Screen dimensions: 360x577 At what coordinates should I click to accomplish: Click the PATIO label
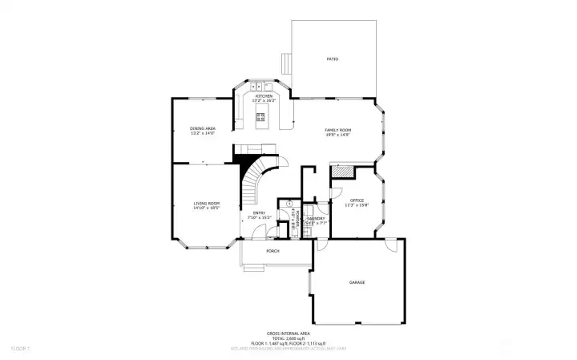point(331,59)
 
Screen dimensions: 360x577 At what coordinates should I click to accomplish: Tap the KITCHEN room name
point(263,96)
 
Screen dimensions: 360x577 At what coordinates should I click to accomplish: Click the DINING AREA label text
point(203,128)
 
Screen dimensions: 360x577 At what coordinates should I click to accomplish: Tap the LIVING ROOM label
point(207,204)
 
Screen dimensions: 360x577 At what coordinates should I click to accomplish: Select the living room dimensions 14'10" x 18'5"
point(207,208)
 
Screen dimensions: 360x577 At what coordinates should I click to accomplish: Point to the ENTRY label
point(261,213)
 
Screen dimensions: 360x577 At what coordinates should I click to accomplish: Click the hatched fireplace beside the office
point(343,172)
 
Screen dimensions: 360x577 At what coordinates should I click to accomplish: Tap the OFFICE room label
point(357,200)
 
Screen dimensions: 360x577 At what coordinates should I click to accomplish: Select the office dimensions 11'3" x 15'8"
point(357,205)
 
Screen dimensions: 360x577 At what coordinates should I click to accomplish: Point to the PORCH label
point(272,250)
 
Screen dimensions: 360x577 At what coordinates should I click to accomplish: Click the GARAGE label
point(357,283)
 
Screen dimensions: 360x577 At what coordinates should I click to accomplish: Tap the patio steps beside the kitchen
point(285,63)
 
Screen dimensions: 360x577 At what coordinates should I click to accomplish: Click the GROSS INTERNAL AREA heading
point(288,333)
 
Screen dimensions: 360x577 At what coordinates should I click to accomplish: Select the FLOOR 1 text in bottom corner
point(20,349)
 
